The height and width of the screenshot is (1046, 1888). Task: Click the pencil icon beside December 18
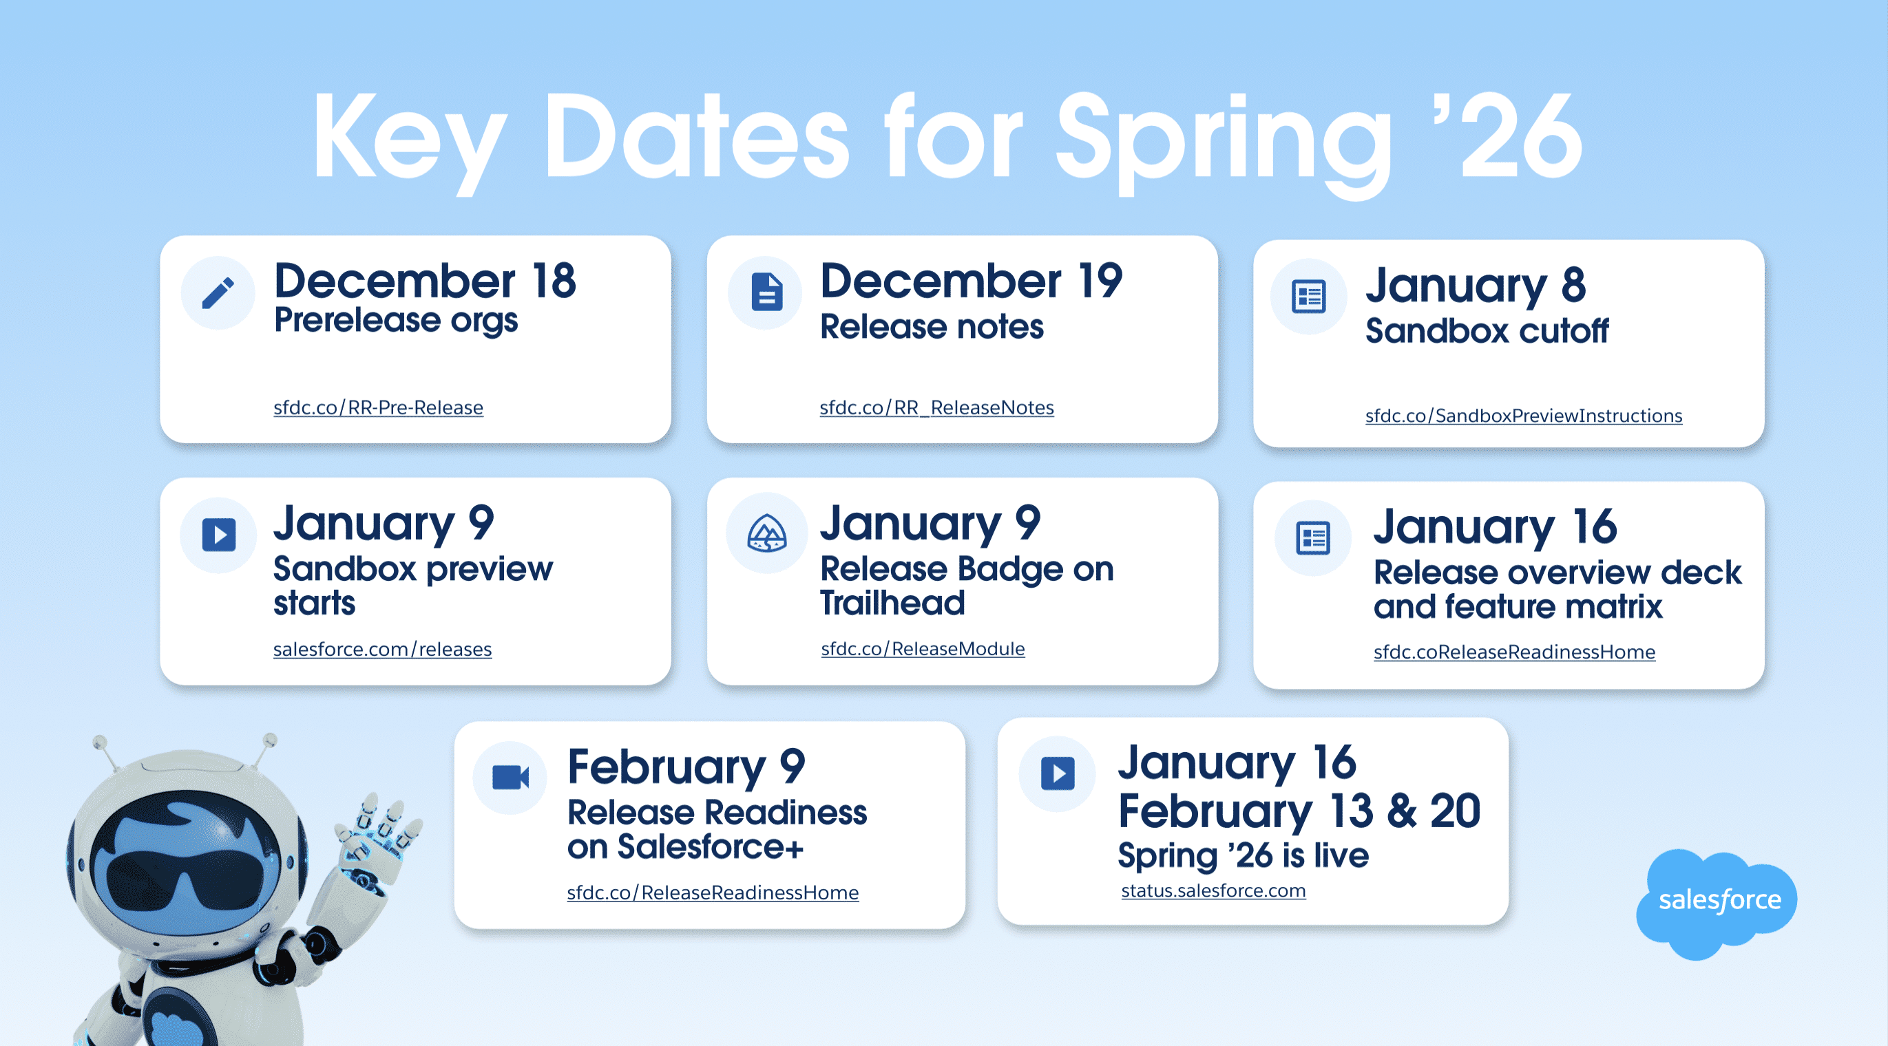coord(218,292)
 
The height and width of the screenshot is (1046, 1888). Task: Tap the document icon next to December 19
coord(766,292)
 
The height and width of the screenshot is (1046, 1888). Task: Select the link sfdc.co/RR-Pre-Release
coord(378,407)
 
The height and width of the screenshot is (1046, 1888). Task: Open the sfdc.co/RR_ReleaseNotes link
coord(936,407)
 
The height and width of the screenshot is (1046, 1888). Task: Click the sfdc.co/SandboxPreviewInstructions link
coord(1524,416)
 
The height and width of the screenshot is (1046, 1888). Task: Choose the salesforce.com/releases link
coord(383,649)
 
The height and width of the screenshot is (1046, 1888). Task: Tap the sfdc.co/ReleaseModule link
coord(923,648)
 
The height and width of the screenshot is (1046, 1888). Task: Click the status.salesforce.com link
coord(1214,890)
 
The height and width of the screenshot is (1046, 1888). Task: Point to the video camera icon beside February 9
coord(511,777)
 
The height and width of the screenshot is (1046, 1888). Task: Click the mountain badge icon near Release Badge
coord(766,533)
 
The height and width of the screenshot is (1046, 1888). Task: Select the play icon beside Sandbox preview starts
coord(218,534)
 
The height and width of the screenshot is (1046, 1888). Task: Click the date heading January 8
coord(1476,285)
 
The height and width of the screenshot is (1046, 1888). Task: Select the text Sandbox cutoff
coord(1487,331)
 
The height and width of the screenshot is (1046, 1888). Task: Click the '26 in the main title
coord(1519,138)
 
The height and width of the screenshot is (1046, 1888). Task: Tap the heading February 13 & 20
coord(1299,811)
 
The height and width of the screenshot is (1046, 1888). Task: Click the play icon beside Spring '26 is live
coord(1058,773)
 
